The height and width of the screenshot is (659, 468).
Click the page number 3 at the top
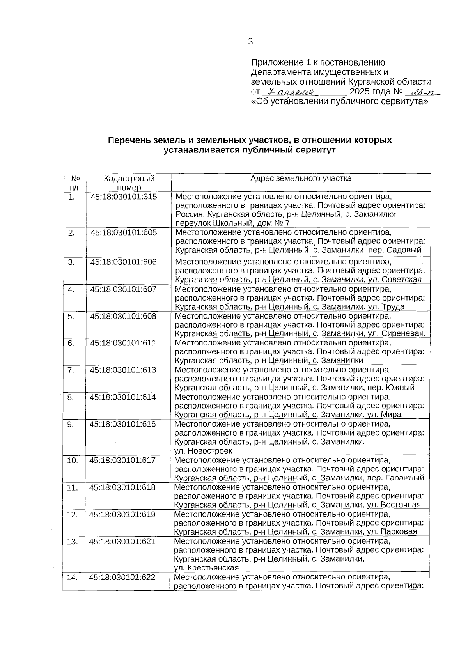[250, 42]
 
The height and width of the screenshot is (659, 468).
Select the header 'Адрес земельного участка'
[301, 179]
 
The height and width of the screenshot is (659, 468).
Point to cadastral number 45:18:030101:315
[124, 197]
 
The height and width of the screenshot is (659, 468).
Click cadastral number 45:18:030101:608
[123, 316]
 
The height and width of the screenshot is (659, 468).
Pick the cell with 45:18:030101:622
[122, 578]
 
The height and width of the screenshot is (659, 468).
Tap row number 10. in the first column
[73, 461]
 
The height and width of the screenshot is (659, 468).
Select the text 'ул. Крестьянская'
[206, 568]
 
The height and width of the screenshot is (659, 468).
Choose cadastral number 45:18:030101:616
[122, 424]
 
